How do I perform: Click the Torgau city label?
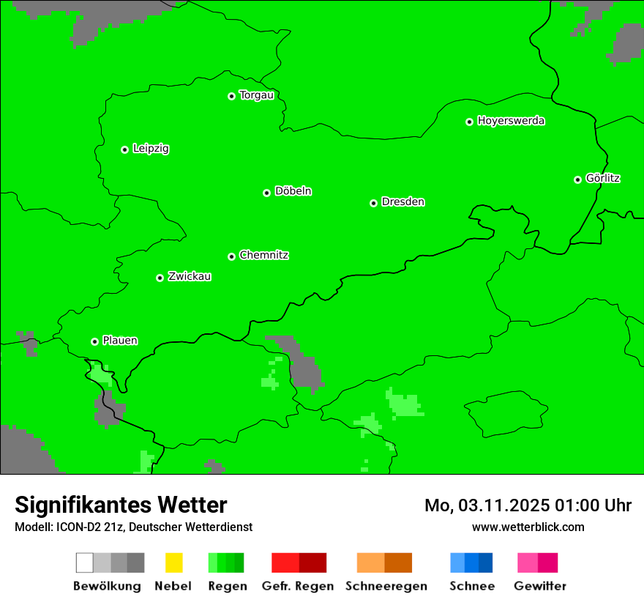pyautogui.click(x=256, y=95)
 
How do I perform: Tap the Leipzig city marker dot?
pyautogui.click(x=124, y=149)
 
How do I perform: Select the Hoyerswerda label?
pyautogui.click(x=511, y=121)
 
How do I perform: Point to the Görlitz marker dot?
pyautogui.click(x=577, y=179)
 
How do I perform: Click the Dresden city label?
pyautogui.click(x=402, y=202)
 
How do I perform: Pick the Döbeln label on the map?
pyautogui.click(x=293, y=191)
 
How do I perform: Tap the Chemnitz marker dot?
pyautogui.click(x=231, y=256)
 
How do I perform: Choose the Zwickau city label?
pyautogui.click(x=190, y=277)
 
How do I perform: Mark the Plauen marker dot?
pyautogui.click(x=94, y=341)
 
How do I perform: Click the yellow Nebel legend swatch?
pyautogui.click(x=173, y=563)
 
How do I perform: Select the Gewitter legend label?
pyautogui.click(x=540, y=586)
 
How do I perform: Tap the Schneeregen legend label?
pyautogui.click(x=386, y=586)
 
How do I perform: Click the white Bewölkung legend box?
pyautogui.click(x=85, y=563)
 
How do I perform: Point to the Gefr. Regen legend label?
pyautogui.click(x=298, y=586)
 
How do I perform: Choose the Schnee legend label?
pyautogui.click(x=472, y=586)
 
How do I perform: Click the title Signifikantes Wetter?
pyautogui.click(x=121, y=505)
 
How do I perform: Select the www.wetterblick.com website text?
pyautogui.click(x=528, y=527)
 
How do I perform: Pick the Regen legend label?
pyautogui.click(x=226, y=586)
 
